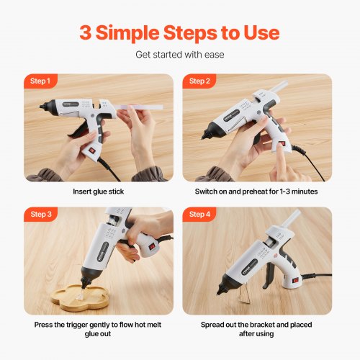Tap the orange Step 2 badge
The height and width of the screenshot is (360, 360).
200,81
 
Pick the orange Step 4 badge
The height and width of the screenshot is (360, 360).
200,215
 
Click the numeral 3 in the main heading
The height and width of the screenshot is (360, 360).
87,32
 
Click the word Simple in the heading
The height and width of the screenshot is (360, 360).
132,32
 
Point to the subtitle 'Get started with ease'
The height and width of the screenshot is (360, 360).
179,54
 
